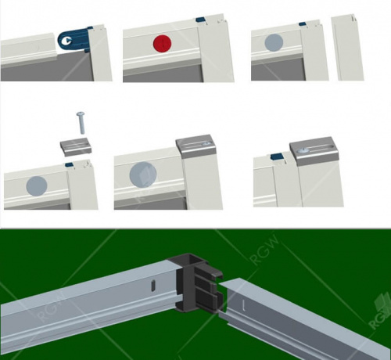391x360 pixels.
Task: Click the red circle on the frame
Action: tap(162, 44)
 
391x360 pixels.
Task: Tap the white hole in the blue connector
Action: tap(68, 41)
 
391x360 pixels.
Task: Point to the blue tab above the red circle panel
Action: tap(200, 20)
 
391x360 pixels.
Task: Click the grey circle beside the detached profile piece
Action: tap(274, 42)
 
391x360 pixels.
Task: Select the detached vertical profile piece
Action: tap(347, 48)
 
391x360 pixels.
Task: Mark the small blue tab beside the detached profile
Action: tap(302, 24)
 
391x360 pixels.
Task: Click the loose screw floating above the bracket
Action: tap(81, 123)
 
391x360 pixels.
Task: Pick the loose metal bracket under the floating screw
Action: tap(77, 147)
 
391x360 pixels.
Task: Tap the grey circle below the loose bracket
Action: tap(37, 186)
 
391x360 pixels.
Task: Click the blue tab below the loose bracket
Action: tap(69, 165)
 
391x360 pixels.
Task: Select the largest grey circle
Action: tap(143, 175)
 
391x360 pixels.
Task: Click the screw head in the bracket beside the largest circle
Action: tap(207, 143)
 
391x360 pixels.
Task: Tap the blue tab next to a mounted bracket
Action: tap(277, 157)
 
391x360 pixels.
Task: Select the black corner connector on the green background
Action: tap(199, 283)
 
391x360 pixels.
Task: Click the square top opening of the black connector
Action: tap(194, 261)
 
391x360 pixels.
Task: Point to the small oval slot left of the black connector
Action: tap(153, 285)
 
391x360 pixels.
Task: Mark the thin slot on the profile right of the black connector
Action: tap(244, 305)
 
